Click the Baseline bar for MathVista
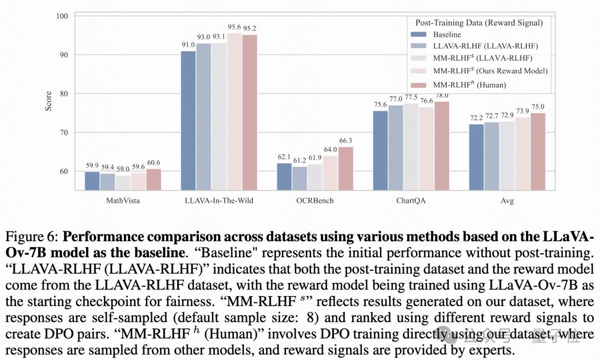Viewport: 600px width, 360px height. [x=92, y=181]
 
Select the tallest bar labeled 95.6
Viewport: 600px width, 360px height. [x=234, y=111]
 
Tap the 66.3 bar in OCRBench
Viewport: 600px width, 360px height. [x=345, y=168]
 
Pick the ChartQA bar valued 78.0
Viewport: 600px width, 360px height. [x=442, y=146]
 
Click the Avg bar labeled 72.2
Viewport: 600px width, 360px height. [x=477, y=157]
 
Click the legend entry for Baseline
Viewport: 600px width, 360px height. [x=448, y=34]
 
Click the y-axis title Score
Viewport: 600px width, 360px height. [x=48, y=102]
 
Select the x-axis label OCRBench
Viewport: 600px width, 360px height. [x=314, y=201]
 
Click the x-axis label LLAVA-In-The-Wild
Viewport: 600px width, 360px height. [x=218, y=201]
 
